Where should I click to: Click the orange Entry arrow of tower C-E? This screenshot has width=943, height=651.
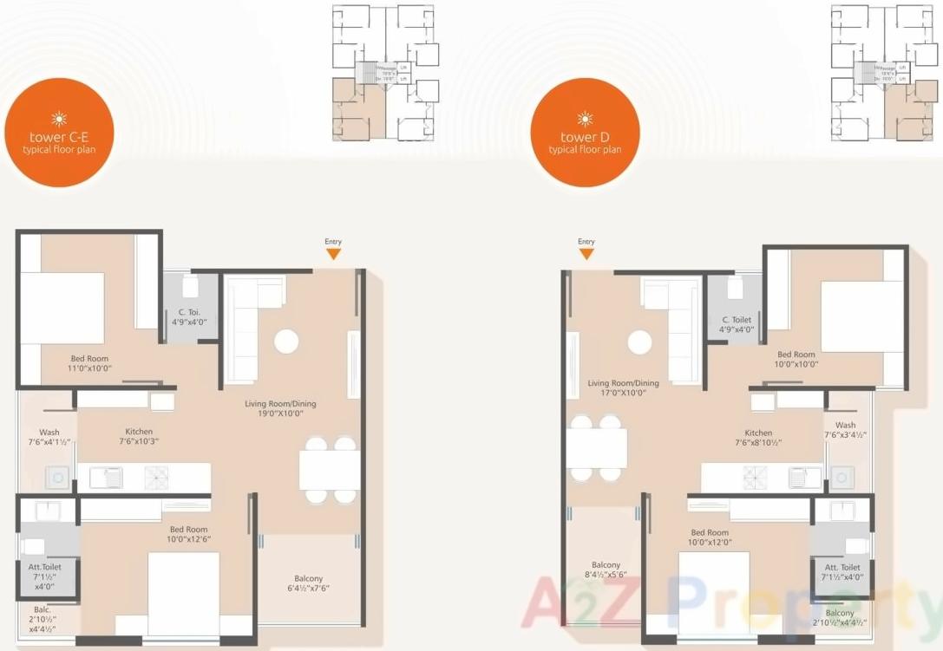coord(333,253)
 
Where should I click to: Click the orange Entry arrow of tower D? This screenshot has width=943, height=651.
coord(586,253)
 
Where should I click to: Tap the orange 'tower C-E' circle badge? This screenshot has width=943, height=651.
coord(59,133)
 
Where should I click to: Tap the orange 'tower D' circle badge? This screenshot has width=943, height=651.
coord(585,133)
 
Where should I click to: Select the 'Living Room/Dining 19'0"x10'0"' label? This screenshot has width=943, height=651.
coord(279,408)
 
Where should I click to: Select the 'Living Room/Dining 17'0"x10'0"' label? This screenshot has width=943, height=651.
coord(623,387)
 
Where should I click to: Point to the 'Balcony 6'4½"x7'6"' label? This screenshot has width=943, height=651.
coord(308,583)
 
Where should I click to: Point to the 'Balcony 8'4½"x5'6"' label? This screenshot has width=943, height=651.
coord(606,570)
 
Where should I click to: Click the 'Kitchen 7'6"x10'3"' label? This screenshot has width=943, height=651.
coord(139,436)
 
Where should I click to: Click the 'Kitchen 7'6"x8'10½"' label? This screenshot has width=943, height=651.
coord(758,438)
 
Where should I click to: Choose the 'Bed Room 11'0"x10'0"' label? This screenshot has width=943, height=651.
coord(91,362)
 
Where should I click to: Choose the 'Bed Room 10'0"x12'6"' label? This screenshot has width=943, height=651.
coord(189,533)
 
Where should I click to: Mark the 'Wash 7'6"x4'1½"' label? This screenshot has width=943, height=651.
coord(49,438)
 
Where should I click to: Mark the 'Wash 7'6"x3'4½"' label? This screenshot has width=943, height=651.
coord(845,430)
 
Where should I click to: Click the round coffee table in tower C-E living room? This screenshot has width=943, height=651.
coord(286,341)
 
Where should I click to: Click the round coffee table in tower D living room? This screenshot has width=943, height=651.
coord(639,342)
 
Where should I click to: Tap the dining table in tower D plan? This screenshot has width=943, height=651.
coord(596,447)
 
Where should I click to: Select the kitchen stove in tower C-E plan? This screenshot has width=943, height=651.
coord(159,477)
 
